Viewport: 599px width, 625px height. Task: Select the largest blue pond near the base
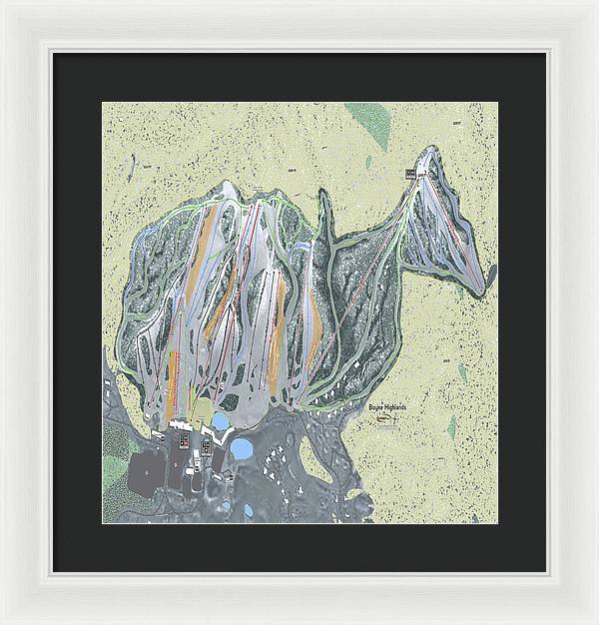[x=242, y=448]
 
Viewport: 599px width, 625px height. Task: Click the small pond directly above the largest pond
[x=220, y=421]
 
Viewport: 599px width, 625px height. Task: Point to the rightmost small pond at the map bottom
[x=249, y=509]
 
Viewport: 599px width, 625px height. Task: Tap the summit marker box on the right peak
[x=411, y=175]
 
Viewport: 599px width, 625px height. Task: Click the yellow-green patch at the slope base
[x=204, y=410]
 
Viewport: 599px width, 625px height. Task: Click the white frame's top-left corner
[x=3, y=3]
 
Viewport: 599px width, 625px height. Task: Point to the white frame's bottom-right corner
[x=595, y=621]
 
